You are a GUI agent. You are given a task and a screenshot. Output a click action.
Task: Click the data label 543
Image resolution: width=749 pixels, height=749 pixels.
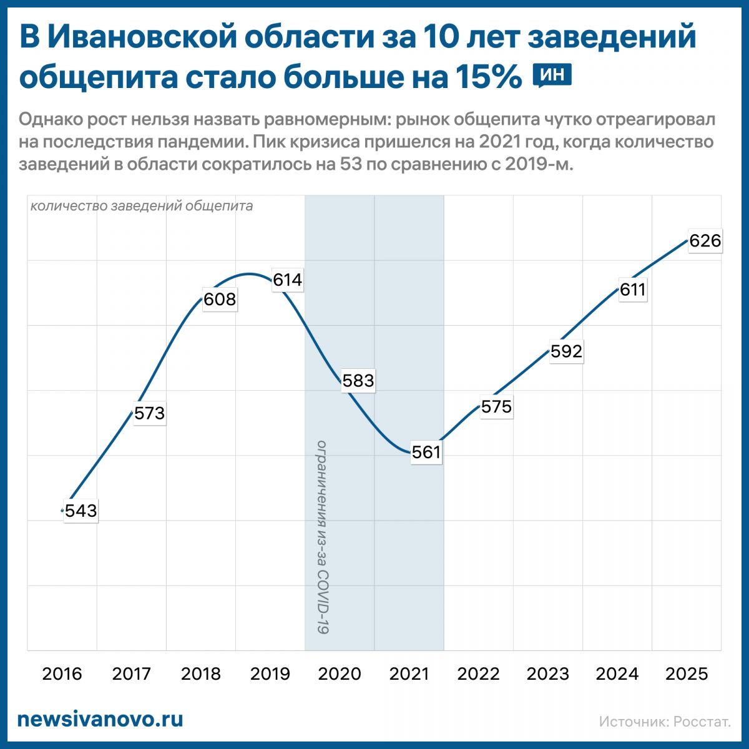click(81, 511)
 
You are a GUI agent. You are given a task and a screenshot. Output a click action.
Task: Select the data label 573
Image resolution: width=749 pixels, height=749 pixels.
click(150, 413)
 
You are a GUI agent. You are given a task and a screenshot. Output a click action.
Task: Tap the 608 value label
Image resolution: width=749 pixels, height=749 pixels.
click(220, 300)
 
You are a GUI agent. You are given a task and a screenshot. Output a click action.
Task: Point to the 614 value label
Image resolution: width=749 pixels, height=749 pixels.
click(288, 280)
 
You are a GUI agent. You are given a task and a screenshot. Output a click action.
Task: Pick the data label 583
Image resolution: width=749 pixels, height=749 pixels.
click(358, 381)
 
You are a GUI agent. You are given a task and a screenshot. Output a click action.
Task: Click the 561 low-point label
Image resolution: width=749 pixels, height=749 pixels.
click(427, 453)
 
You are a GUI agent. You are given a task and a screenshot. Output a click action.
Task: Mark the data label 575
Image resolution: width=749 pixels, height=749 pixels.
click(497, 407)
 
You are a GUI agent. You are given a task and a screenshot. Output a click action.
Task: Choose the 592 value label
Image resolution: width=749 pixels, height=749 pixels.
click(566, 351)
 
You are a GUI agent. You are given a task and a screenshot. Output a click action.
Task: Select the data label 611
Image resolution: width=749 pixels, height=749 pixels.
click(633, 290)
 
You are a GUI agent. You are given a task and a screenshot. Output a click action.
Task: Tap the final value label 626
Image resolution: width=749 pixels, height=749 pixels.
click(705, 241)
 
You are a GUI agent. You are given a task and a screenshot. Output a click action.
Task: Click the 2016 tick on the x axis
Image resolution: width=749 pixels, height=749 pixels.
click(62, 674)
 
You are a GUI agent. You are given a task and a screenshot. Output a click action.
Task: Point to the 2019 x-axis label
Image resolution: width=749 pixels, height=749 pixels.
click(270, 674)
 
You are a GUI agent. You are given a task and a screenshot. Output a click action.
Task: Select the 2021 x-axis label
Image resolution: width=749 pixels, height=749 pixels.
click(409, 674)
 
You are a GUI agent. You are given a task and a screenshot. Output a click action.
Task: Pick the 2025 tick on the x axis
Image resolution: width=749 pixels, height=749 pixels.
click(687, 674)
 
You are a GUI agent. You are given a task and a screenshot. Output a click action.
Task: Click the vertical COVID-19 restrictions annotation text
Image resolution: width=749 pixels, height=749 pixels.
click(322, 537)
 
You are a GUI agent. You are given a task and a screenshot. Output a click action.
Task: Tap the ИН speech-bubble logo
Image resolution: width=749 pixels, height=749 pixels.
click(552, 76)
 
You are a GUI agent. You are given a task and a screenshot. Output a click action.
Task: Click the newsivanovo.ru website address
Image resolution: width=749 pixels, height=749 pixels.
click(100, 719)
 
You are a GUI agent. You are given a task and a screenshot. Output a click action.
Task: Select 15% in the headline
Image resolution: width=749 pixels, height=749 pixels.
click(488, 77)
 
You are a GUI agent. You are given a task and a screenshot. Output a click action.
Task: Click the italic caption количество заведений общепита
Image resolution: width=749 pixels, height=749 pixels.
click(142, 206)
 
